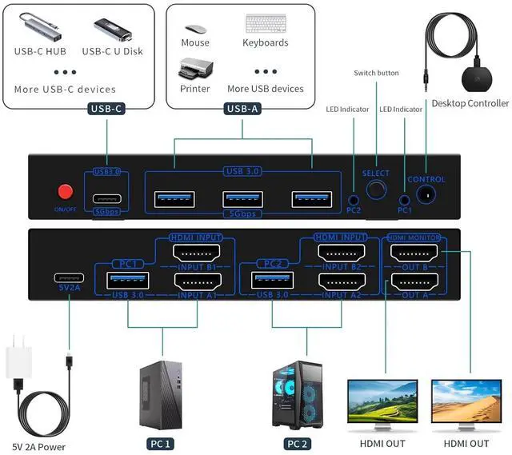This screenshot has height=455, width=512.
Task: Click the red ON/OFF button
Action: point(64,193)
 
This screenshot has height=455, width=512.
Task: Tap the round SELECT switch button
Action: point(374,190)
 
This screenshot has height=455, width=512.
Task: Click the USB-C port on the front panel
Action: point(106,200)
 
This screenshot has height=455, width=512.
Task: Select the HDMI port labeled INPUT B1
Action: point(197,253)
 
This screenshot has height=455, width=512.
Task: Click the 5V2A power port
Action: point(70,280)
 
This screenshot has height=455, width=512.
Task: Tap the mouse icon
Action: point(194,23)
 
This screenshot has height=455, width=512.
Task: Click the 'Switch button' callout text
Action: point(376,73)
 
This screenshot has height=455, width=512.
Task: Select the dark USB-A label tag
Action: point(242,110)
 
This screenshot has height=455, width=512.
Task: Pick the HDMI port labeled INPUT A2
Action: point(342,281)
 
